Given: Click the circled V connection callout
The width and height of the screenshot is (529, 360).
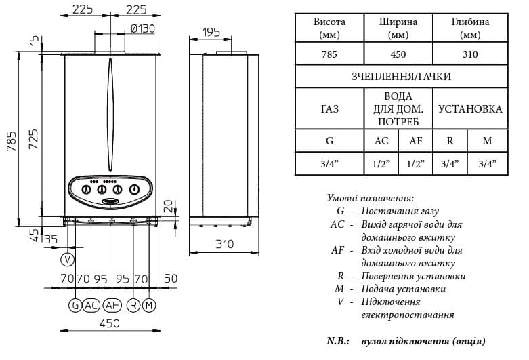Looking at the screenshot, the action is [68, 260].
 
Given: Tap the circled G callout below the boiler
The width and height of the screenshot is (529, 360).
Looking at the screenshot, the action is [75, 305].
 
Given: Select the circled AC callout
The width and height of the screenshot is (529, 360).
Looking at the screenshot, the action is [91, 305].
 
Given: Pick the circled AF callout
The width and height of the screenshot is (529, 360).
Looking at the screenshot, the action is [112, 305].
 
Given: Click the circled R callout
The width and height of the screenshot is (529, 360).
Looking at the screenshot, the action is [133, 305].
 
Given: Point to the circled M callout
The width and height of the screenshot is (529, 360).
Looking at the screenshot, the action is [149, 305].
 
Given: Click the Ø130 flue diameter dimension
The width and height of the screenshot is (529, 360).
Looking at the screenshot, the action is [143, 28].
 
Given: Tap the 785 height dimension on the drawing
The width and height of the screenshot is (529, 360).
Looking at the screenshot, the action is [11, 141].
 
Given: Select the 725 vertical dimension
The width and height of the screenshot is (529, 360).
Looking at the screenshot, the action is [33, 139].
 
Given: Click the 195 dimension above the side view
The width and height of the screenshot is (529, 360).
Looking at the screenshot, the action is [211, 32].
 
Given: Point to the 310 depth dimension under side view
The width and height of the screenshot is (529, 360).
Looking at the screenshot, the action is [225, 244].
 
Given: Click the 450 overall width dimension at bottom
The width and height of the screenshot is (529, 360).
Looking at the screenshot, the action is [110, 323].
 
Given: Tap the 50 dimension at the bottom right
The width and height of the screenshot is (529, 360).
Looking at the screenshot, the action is [171, 278].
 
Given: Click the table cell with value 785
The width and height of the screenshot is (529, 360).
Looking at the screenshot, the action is [329, 54].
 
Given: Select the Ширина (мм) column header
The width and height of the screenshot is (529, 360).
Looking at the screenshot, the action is [398, 28].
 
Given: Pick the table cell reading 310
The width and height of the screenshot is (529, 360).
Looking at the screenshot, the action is [470, 54].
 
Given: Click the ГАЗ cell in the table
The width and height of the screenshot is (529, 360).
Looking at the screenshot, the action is [329, 108].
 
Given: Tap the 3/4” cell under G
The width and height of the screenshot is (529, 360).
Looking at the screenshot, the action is [329, 164].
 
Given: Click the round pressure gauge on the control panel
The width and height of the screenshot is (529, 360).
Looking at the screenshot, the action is [135, 189].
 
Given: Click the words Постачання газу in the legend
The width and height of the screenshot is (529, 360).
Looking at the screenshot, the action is [400, 211].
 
